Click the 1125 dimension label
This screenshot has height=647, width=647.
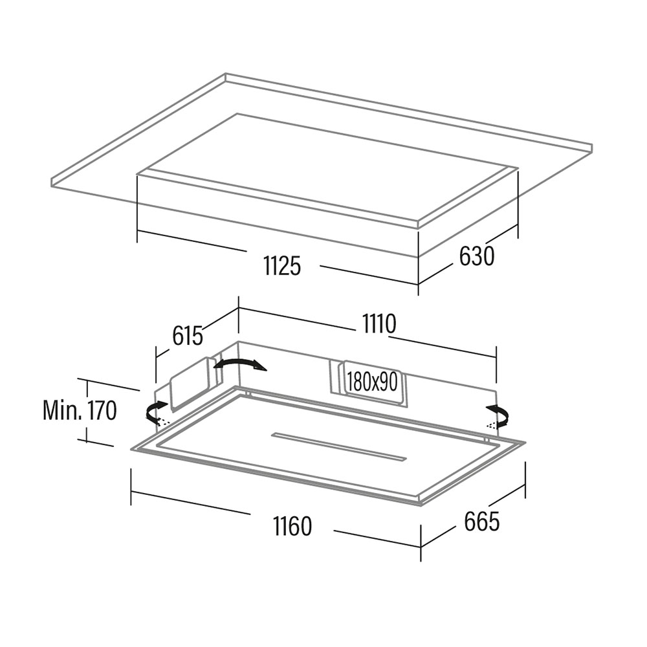[x=282, y=265]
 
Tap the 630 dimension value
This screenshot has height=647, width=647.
[x=477, y=256]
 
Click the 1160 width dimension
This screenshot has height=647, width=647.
[x=292, y=526]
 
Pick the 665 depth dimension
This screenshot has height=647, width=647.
[x=481, y=521]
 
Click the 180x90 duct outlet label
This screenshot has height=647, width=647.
[x=371, y=382]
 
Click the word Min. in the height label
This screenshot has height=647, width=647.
[x=62, y=410]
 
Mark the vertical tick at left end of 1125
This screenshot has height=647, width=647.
[x=138, y=207]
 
